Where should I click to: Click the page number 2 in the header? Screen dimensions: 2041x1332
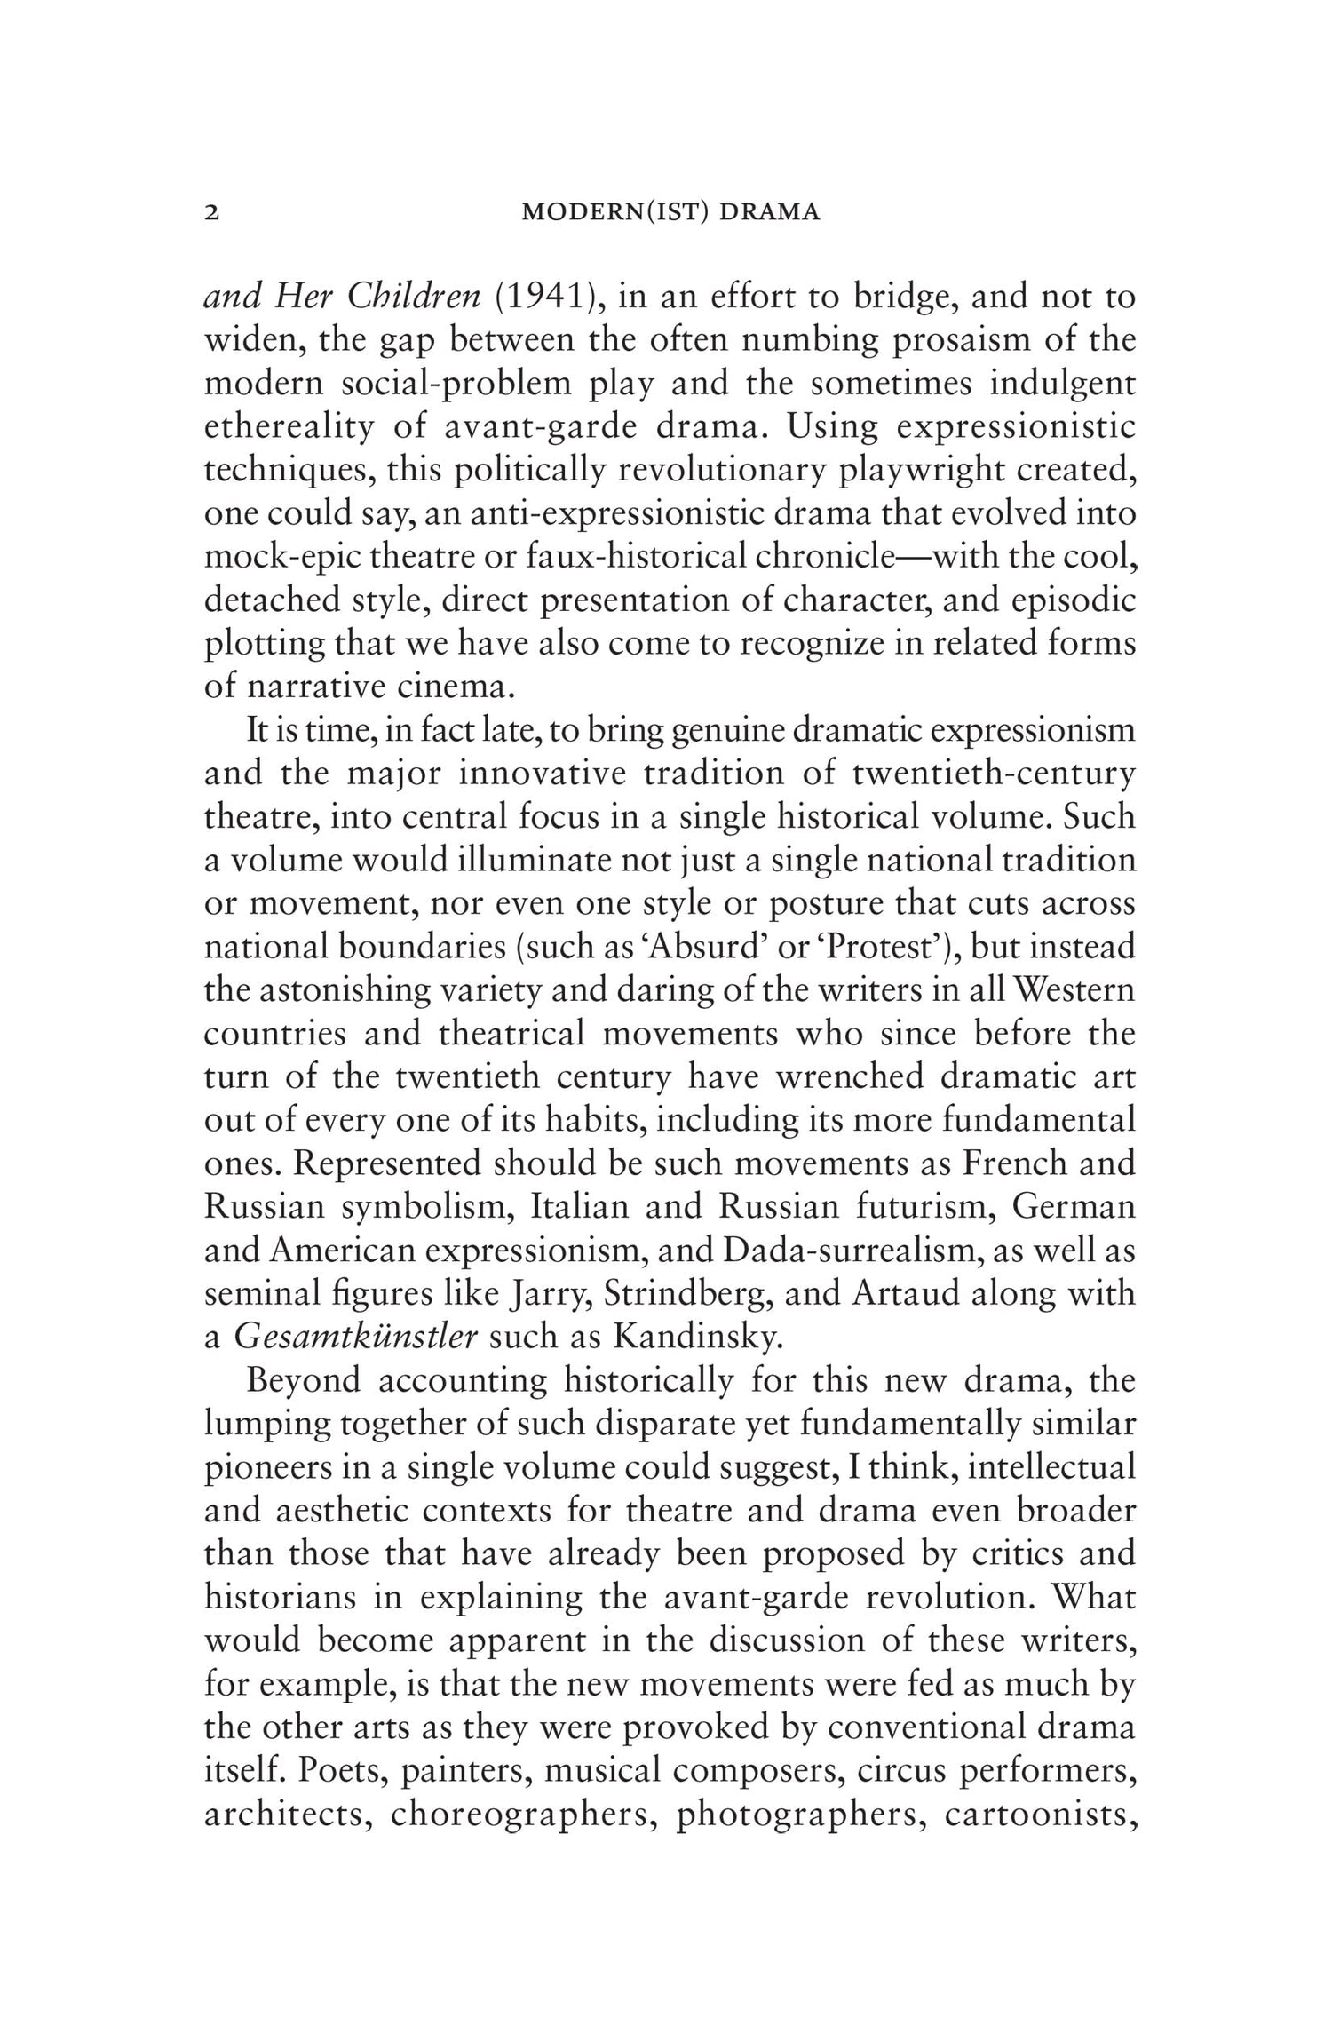(211, 213)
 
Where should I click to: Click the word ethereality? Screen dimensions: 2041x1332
(290, 427)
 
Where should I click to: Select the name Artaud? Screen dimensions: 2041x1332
(905, 1293)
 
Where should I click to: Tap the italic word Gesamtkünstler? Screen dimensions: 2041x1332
(356, 1337)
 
